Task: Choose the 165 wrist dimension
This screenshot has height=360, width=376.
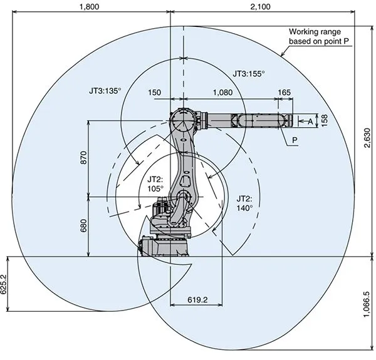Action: pyautogui.click(x=284, y=92)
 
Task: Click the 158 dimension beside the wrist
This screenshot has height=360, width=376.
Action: pyautogui.click(x=323, y=120)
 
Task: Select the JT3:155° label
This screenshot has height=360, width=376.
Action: pyautogui.click(x=249, y=73)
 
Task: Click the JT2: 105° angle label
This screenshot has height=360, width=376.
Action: pyautogui.click(x=155, y=182)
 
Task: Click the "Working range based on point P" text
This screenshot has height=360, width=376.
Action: pyautogui.click(x=318, y=36)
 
